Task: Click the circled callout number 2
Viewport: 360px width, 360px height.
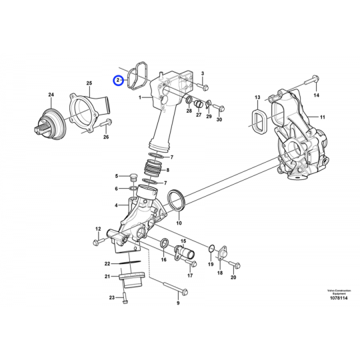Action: pos(117,81)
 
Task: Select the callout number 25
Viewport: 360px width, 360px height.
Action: pos(89,83)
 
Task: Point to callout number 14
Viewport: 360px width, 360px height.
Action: pos(317,96)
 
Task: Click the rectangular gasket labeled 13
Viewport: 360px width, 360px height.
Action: pos(259,119)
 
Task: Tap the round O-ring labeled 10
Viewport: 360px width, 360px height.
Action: pos(177,199)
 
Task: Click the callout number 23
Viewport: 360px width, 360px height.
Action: pos(111,299)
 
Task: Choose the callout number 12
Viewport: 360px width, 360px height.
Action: pos(97,229)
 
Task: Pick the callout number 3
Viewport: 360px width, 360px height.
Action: pos(203,72)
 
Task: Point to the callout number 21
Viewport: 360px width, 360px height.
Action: pos(107,277)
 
